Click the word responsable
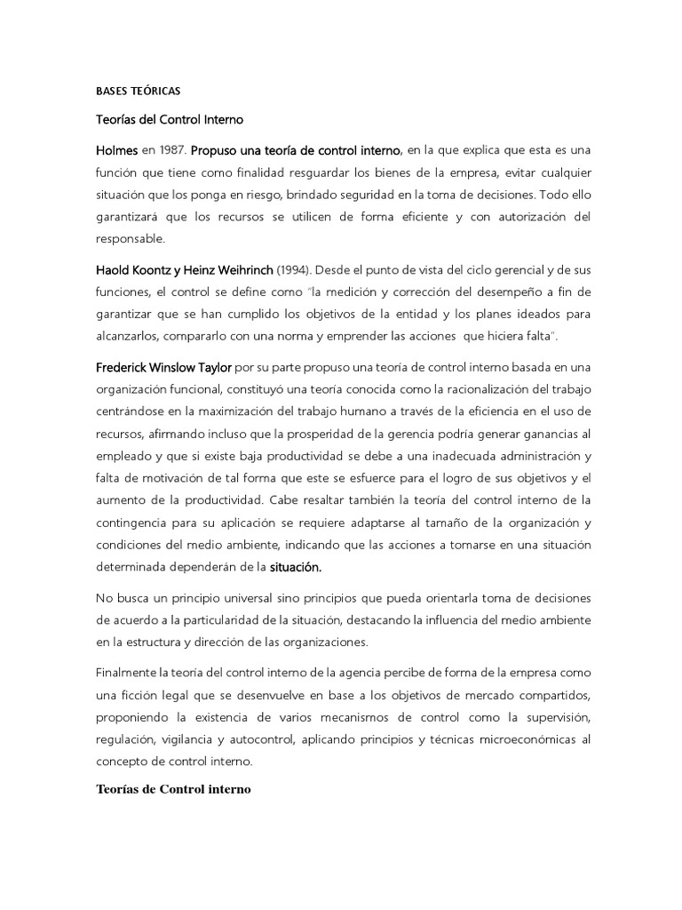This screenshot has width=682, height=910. pos(131,238)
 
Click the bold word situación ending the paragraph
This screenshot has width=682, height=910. pos(296,566)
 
